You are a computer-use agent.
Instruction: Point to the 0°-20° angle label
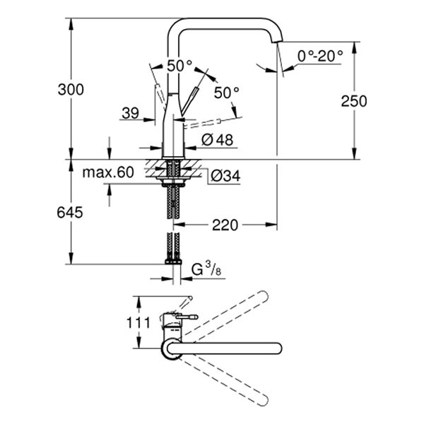320,55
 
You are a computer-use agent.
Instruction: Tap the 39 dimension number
131,114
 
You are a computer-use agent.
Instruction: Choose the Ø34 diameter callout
225,175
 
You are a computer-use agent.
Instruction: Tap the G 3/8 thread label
207,269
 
